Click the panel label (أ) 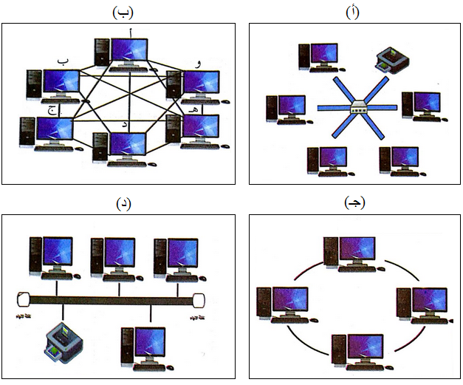[x=354, y=13]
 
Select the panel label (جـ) [x=354, y=203]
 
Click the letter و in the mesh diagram [x=197, y=64]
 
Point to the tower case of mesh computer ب [x=32, y=86]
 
